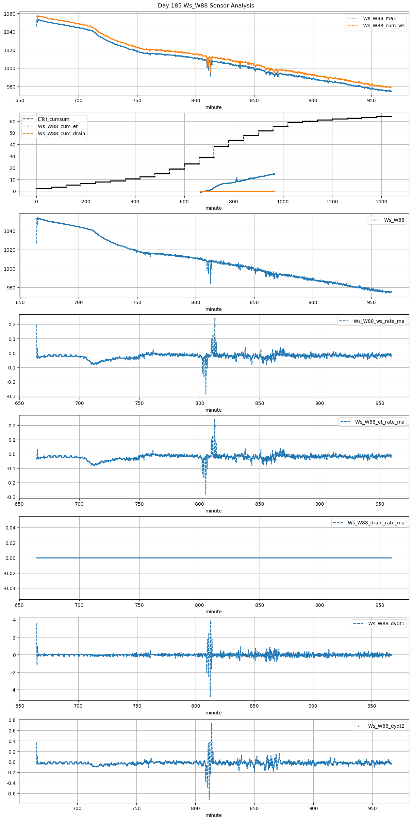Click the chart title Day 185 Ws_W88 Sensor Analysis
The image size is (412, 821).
click(206, 6)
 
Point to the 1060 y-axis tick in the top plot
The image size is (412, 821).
click(10, 14)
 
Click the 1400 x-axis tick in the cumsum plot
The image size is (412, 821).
click(381, 202)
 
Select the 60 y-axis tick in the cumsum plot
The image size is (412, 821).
click(13, 122)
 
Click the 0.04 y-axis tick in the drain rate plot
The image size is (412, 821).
click(11, 528)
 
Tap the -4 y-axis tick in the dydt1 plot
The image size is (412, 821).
click(13, 690)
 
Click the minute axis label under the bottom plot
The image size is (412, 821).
click(213, 815)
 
